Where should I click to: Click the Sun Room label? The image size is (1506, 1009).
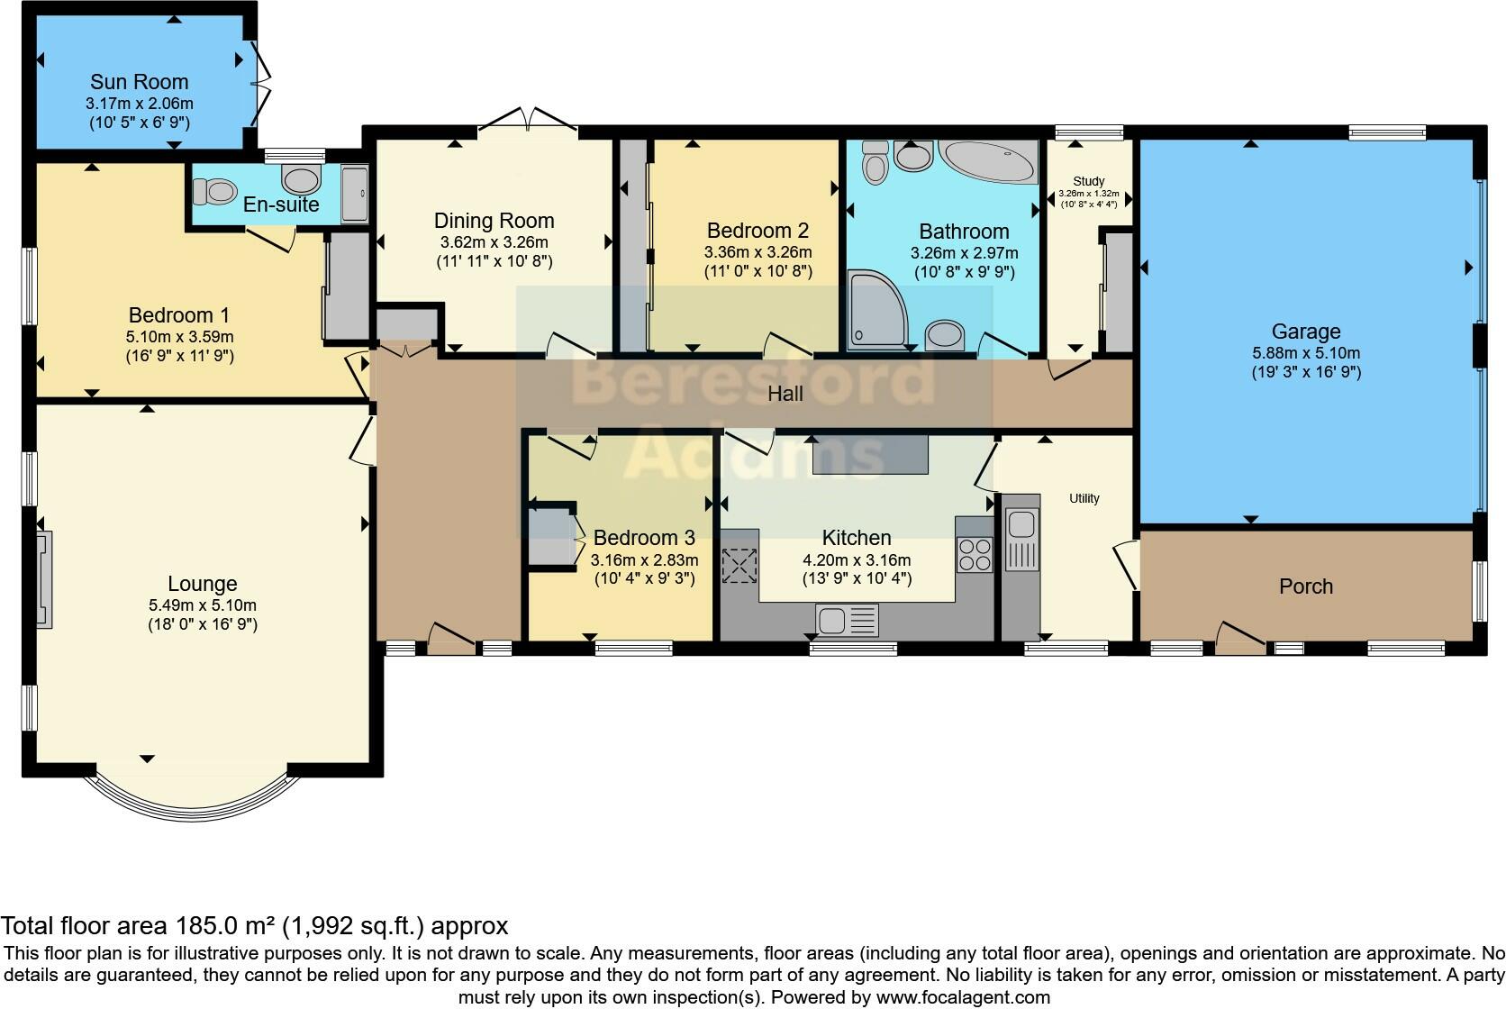pyautogui.click(x=140, y=82)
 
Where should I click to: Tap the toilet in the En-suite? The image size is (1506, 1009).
pyautogui.click(x=215, y=191)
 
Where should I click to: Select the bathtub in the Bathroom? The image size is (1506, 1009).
pyautogui.click(x=988, y=160)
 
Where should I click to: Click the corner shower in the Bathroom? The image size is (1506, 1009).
pyautogui.click(x=877, y=310)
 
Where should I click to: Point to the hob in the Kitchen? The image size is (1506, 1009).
pyautogui.click(x=975, y=554)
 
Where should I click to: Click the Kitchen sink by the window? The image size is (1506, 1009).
pyautogui.click(x=847, y=620)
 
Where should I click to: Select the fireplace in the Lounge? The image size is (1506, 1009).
pyautogui.click(x=44, y=580)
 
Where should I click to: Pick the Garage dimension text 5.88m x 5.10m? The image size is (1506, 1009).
pyautogui.click(x=1306, y=353)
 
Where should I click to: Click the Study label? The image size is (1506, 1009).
pyautogui.click(x=1088, y=181)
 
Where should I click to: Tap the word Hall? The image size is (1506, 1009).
pyautogui.click(x=785, y=394)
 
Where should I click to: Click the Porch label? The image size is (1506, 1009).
pyautogui.click(x=1306, y=586)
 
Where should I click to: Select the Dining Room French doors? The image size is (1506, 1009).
pyautogui.click(x=529, y=120)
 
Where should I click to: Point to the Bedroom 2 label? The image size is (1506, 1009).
pyautogui.click(x=758, y=231)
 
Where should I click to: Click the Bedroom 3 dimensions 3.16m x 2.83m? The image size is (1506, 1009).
pyautogui.click(x=644, y=559)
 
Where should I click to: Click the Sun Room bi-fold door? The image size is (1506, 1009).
pyautogui.click(x=261, y=84)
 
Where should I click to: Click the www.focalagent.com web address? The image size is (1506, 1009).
pyautogui.click(x=963, y=997)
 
